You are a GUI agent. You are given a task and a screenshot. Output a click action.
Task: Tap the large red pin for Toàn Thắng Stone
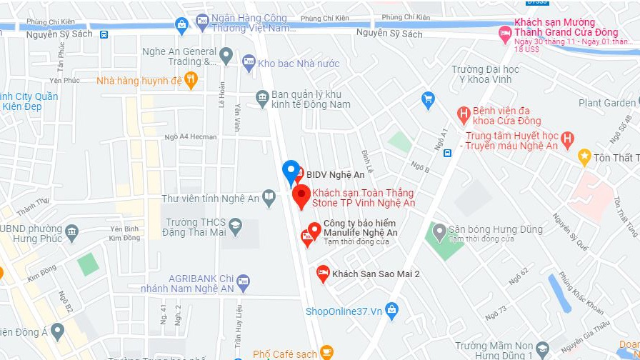[x=301, y=195]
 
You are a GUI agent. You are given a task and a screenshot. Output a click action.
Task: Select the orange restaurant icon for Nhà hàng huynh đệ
[x=190, y=81]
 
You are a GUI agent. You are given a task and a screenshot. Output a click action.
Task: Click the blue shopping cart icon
[x=428, y=99]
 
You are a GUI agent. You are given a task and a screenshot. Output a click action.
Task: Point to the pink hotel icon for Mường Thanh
[x=505, y=32]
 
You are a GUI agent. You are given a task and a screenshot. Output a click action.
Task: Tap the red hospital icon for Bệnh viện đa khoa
[x=464, y=113]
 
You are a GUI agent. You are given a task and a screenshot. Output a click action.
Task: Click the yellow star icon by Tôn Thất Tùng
[x=584, y=156]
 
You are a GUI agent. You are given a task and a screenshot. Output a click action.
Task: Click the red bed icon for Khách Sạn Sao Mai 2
[x=323, y=273]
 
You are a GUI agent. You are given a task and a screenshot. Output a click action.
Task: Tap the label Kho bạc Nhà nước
[x=298, y=64]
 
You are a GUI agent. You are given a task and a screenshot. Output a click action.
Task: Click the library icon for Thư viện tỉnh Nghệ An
[x=269, y=196]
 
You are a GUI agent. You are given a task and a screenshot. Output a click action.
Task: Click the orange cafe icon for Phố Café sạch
[x=326, y=352]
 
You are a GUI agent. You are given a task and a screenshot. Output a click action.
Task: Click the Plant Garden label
[x=606, y=103]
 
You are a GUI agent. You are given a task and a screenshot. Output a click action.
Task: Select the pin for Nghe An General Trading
[x=226, y=54]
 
